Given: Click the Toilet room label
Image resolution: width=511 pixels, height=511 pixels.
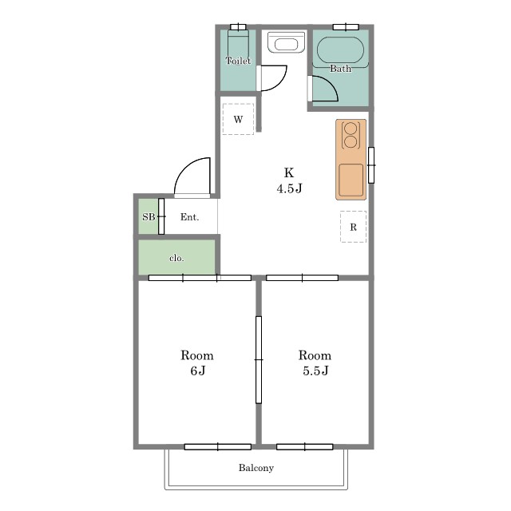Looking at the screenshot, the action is pyautogui.click(x=238, y=61).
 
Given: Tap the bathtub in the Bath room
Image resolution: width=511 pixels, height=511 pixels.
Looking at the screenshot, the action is pyautogui.click(x=340, y=50).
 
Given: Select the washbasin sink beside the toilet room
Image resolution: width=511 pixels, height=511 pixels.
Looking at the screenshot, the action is pyautogui.click(x=286, y=42).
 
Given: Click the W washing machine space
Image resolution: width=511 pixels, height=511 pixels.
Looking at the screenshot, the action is pyautogui.click(x=238, y=119).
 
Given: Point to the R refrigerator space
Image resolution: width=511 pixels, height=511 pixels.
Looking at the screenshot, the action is pyautogui.click(x=353, y=227).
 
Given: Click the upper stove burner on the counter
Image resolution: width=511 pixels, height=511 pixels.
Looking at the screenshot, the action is pyautogui.click(x=351, y=128).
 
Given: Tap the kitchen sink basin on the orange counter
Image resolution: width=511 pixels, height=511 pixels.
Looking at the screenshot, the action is pyautogui.click(x=351, y=180).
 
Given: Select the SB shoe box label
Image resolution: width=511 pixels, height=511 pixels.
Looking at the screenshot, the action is pyautogui.click(x=149, y=216).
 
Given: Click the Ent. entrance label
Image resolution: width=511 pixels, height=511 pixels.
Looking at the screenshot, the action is pyautogui.click(x=190, y=217).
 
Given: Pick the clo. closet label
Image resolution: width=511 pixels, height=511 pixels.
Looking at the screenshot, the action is pyautogui.click(x=176, y=258).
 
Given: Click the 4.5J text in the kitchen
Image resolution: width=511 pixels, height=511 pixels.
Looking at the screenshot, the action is pyautogui.click(x=289, y=188).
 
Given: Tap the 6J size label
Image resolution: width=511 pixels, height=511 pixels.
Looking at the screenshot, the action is pyautogui.click(x=198, y=370).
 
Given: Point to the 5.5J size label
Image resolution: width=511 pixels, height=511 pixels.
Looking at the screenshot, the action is pyautogui.click(x=315, y=370).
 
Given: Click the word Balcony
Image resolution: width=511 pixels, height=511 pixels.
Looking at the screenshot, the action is pyautogui.click(x=256, y=468).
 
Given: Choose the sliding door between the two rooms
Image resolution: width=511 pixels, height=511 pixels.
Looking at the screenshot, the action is pyautogui.click(x=259, y=360).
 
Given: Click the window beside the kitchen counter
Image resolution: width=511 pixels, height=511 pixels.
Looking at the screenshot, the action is pyautogui.click(x=371, y=165).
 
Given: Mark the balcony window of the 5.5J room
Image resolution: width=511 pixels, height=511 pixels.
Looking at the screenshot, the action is pyautogui.click(x=305, y=447).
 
